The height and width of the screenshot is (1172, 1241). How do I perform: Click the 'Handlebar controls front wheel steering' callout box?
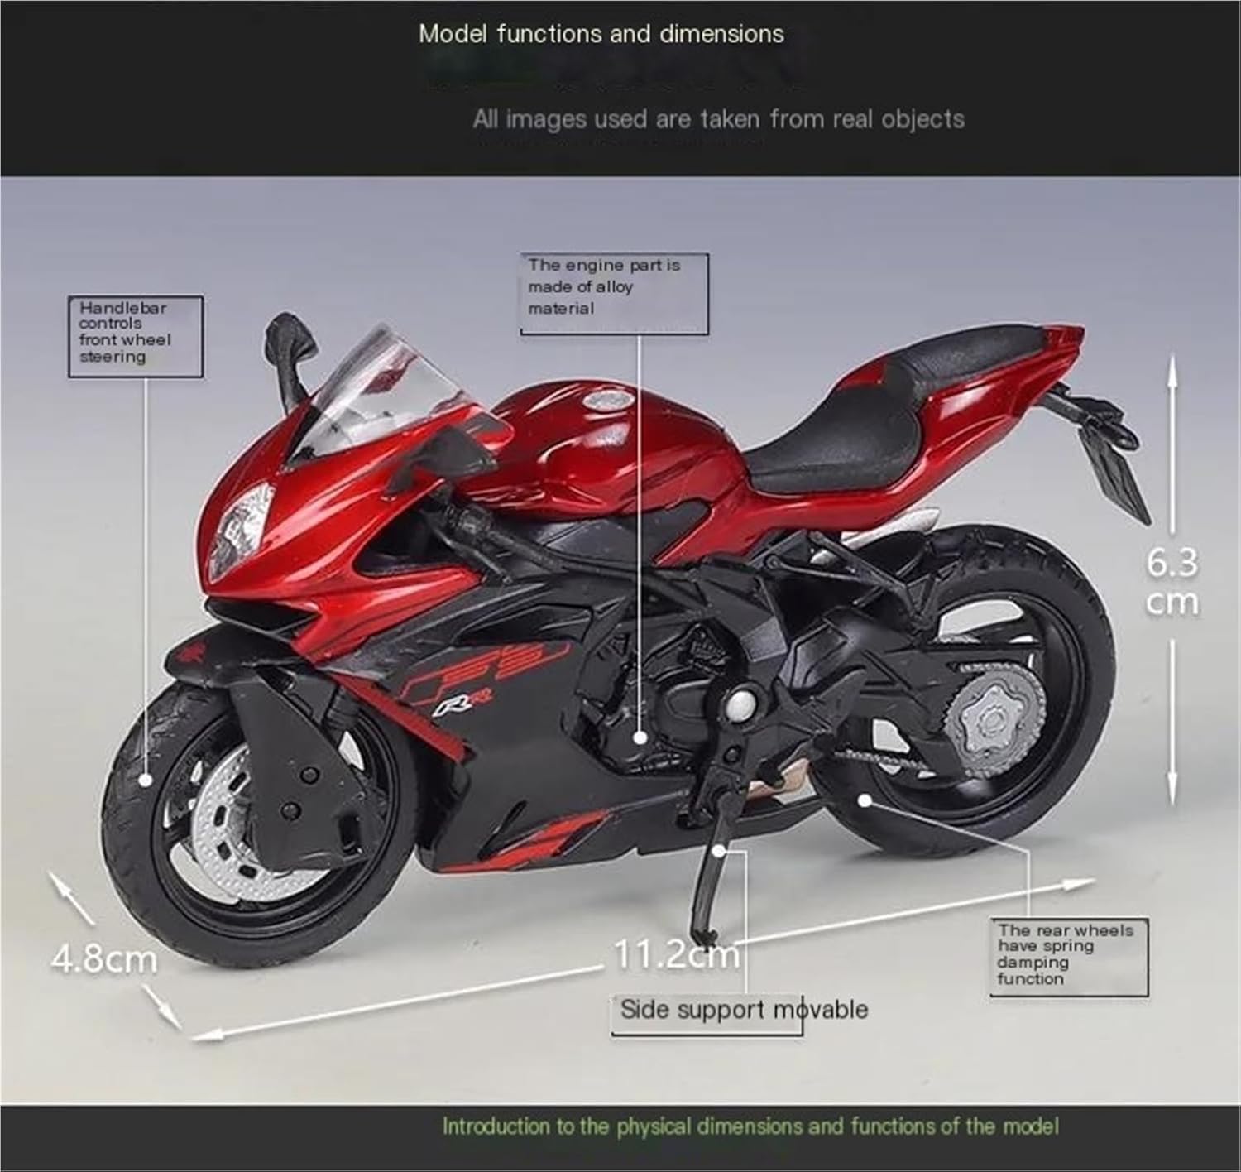tap(135, 335)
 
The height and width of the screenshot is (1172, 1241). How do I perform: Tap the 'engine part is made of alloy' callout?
tap(614, 292)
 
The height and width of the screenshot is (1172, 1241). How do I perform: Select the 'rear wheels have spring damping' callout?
tap(1068, 956)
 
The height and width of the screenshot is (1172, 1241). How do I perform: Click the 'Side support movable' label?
tap(743, 1011)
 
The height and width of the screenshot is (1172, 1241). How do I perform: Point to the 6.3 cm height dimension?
tap(1172, 583)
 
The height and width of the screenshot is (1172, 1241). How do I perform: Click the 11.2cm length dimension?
tap(676, 955)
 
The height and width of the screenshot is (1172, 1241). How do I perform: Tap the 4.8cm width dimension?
tap(104, 959)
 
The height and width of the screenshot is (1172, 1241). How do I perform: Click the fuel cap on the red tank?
tap(609, 401)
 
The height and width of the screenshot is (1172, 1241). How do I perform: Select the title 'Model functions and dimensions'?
tap(601, 34)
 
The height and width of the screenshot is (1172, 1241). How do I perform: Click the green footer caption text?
tap(750, 1126)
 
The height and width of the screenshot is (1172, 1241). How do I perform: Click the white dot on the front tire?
tap(146, 779)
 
